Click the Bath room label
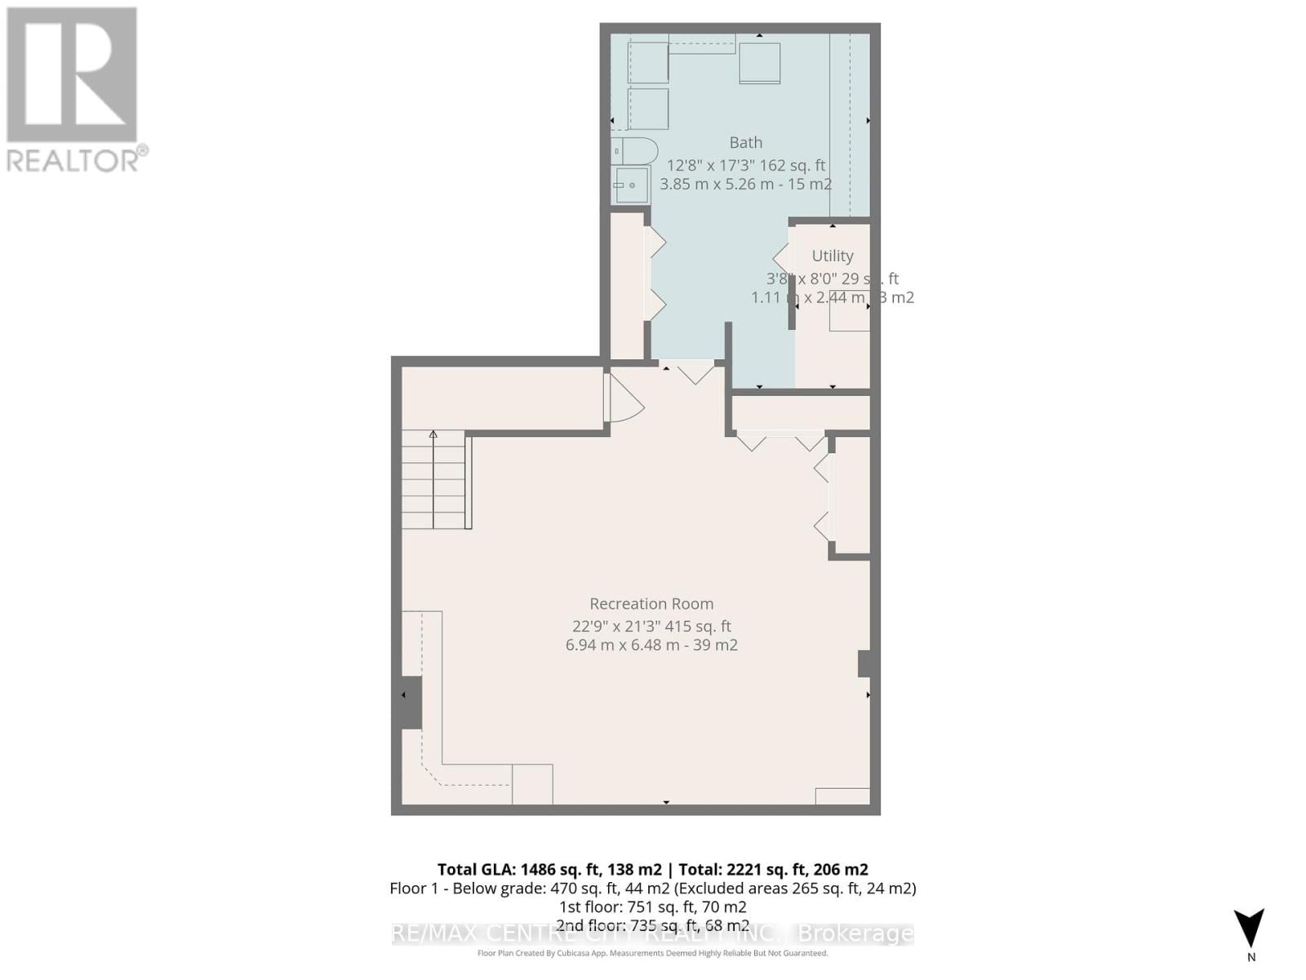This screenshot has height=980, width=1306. pos(745,142)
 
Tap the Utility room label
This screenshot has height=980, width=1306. pos(832,256)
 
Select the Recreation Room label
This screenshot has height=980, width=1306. pos(651,604)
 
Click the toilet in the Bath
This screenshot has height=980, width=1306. pos(636,151)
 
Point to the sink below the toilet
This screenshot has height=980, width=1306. pos(631,185)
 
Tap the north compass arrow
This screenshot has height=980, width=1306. pos(1249,929)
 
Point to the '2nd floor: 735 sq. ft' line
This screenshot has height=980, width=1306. pos(652,925)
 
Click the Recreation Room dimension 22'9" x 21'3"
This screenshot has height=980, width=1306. pos(651,626)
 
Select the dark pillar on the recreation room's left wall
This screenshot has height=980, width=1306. pos(411,702)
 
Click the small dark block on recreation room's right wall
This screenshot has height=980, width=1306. pos(866,663)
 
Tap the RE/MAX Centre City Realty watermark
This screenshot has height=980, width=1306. pos(652,933)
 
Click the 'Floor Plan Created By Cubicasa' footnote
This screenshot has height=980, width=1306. pos(652,953)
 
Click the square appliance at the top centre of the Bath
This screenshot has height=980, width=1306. pos(759,63)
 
